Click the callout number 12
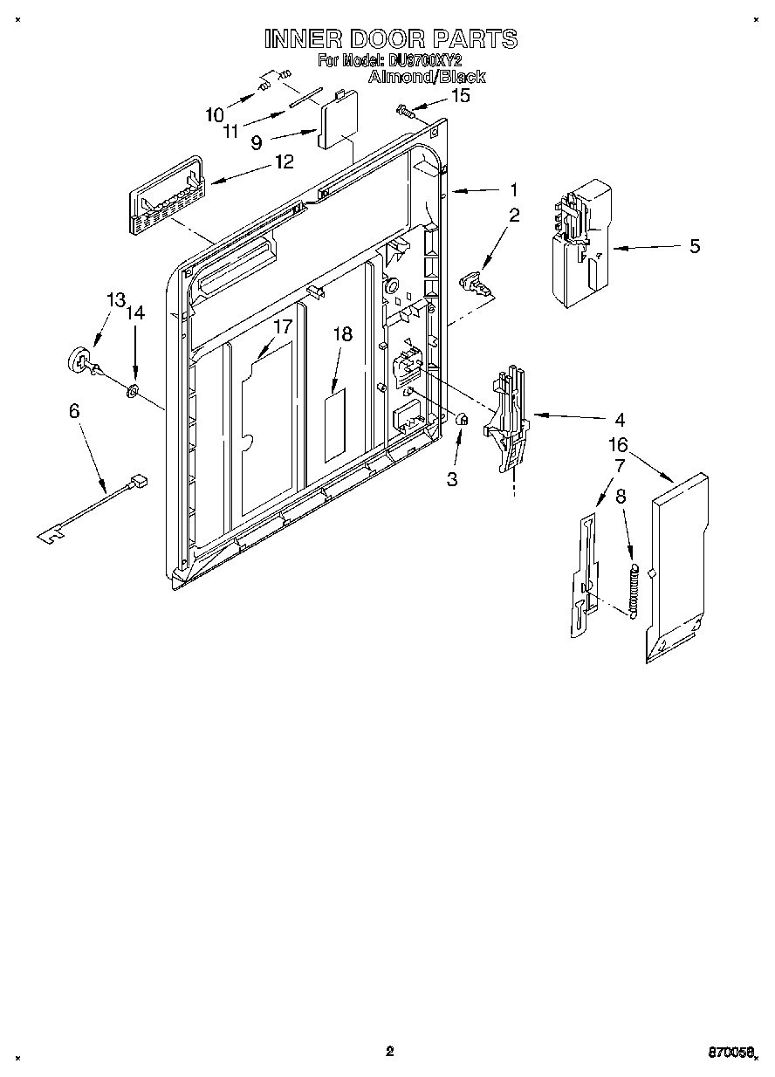point(283,161)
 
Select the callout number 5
point(695,246)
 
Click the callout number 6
point(75,409)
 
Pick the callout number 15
point(459,96)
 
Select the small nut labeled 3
point(463,421)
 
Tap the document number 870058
point(728,1053)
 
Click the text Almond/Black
point(426,77)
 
